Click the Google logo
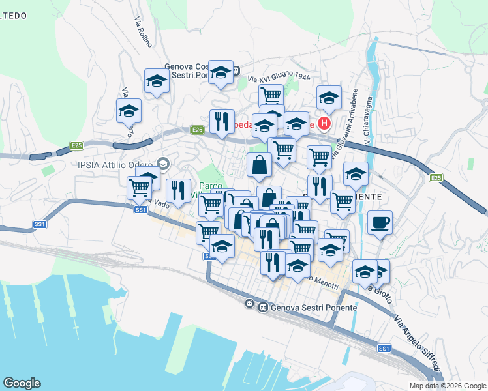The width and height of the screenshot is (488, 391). [22, 383]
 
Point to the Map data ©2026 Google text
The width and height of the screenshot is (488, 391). [447, 386]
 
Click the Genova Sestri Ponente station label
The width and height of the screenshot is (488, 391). [313, 307]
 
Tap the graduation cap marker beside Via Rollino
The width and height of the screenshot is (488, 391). [157, 81]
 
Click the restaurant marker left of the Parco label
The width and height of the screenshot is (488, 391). [178, 191]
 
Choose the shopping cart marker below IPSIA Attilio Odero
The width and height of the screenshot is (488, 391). [139, 188]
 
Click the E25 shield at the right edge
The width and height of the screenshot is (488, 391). [435, 177]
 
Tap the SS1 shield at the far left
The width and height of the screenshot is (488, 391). [40, 224]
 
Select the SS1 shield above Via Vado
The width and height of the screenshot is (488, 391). [140, 210]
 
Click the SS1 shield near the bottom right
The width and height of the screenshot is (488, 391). [384, 349]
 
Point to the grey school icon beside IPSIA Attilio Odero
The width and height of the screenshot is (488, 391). [163, 163]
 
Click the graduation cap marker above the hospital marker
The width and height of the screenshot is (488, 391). [329, 98]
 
